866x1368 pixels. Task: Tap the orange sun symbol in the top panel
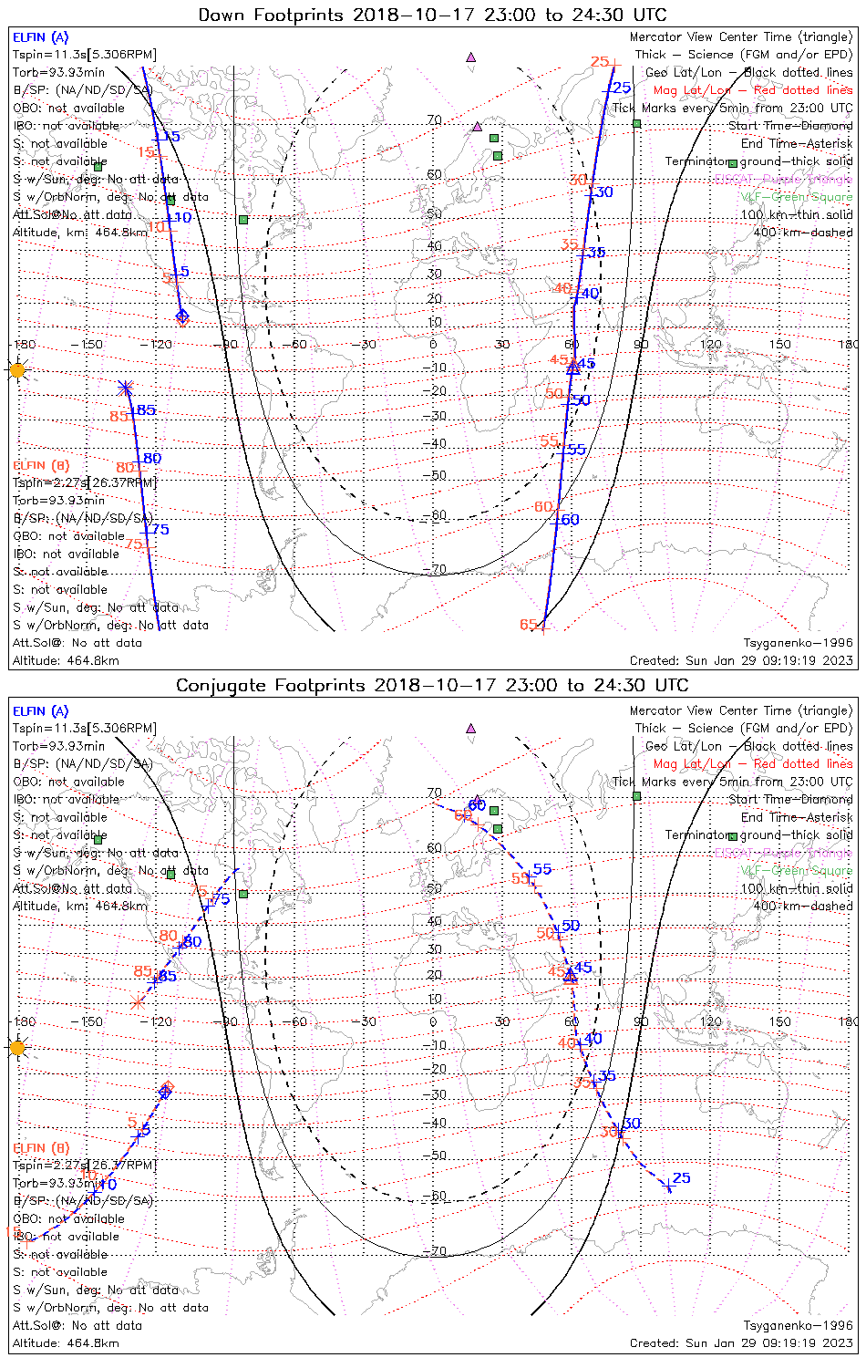click(16, 370)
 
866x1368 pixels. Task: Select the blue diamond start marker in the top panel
click(182, 316)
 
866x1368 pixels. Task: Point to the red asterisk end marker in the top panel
click(126, 388)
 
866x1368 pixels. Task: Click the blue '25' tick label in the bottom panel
click(681, 1178)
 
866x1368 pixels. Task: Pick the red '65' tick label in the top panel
click(528, 625)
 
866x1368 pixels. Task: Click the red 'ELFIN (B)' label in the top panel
click(41, 465)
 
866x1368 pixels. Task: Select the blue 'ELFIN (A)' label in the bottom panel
click(41, 711)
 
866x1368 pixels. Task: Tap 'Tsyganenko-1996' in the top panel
click(798, 643)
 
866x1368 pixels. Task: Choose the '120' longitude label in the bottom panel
click(711, 1022)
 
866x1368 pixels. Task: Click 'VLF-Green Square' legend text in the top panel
click(797, 197)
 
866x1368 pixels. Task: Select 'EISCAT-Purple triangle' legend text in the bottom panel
click(784, 853)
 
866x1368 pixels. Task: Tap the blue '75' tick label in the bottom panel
click(221, 899)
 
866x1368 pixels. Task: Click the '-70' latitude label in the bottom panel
click(435, 1251)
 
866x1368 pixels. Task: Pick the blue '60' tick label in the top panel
click(570, 520)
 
